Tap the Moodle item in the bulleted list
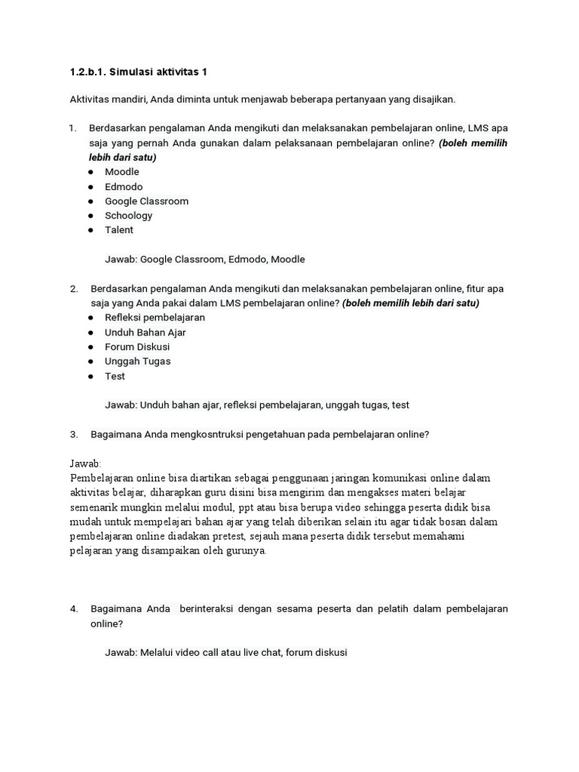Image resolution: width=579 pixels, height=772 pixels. point(122,172)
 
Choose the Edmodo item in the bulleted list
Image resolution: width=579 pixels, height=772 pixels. point(124,186)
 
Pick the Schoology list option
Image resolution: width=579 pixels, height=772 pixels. point(128,216)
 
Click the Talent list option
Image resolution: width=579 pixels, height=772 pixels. point(119,230)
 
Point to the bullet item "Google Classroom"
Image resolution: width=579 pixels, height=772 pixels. point(146,201)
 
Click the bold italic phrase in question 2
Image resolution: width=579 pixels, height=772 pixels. point(411,303)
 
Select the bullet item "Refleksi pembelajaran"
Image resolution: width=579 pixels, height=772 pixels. point(155,317)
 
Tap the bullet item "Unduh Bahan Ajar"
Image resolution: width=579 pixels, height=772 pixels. point(145,332)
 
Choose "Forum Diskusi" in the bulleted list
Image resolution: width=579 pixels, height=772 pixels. point(137,347)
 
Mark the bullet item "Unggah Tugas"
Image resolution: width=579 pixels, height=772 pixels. point(137,361)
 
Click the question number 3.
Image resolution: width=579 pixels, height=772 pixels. point(74,434)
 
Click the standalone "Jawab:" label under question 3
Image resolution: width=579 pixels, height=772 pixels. point(85,464)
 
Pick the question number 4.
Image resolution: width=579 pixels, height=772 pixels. point(74,609)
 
